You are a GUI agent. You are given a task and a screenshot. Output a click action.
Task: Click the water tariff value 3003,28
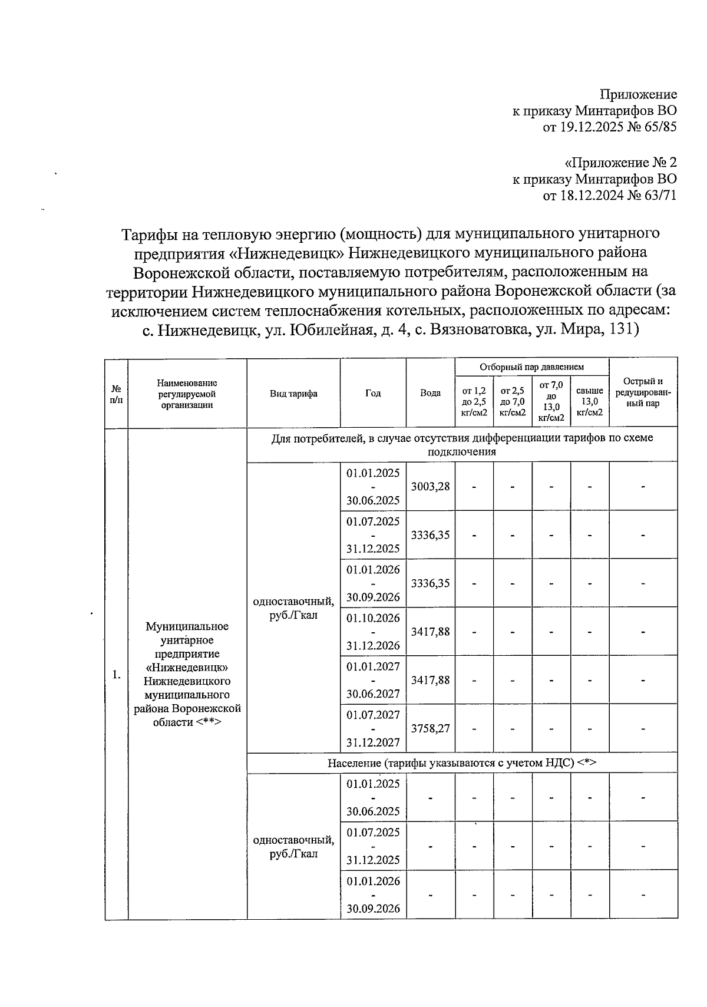pyautogui.click(x=430, y=486)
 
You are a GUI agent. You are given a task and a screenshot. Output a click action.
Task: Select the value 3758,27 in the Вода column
pyautogui.click(x=430, y=728)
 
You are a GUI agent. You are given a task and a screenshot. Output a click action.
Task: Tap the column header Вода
pyautogui.click(x=430, y=393)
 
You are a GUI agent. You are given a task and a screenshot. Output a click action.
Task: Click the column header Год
pyautogui.click(x=372, y=393)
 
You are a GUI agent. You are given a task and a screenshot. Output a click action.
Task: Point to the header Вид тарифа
pyautogui.click(x=293, y=393)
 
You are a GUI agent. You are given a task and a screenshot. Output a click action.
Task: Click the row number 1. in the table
pyautogui.click(x=117, y=675)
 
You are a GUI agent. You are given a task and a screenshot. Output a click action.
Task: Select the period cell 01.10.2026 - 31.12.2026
pyautogui.click(x=373, y=632)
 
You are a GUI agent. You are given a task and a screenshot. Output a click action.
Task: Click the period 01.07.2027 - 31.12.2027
pyautogui.click(x=373, y=728)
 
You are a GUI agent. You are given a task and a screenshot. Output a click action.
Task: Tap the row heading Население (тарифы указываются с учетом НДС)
pyautogui.click(x=462, y=763)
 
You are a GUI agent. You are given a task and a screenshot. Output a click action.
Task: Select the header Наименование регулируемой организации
pyautogui.click(x=187, y=394)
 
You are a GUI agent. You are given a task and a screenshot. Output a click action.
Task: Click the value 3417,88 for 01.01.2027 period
pyautogui.click(x=430, y=680)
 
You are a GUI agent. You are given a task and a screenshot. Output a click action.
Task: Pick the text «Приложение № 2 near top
pyautogui.click(x=620, y=163)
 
